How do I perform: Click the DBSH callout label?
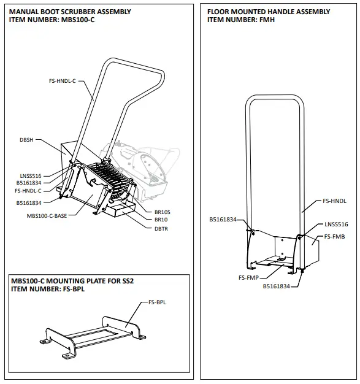click(x=26, y=140)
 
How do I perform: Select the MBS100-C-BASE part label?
click(x=47, y=216)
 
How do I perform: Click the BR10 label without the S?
click(x=160, y=220)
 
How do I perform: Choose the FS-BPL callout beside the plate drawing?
click(x=157, y=303)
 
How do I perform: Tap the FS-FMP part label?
click(x=248, y=277)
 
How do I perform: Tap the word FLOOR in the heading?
click(x=219, y=12)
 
